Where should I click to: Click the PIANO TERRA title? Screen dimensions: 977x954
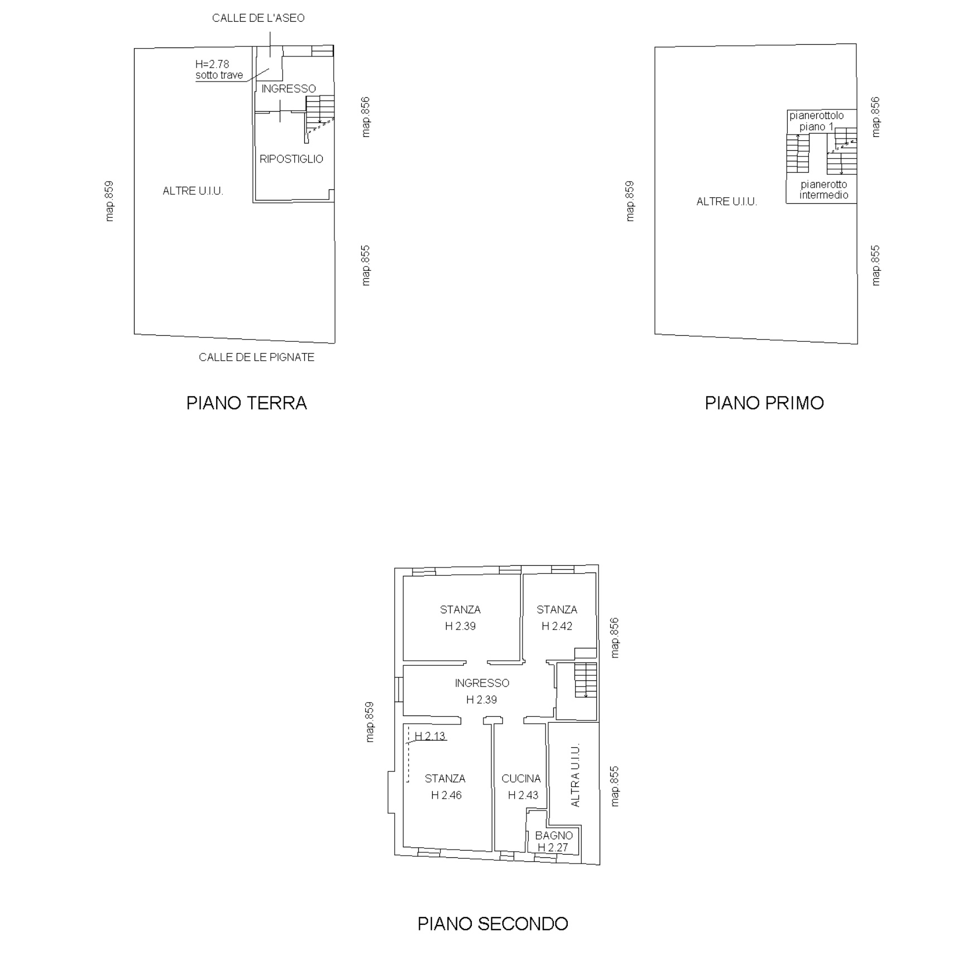point(246,403)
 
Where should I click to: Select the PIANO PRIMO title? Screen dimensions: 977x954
point(764,403)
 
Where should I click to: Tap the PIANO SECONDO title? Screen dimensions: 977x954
point(493,923)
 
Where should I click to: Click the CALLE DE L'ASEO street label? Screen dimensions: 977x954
point(258,18)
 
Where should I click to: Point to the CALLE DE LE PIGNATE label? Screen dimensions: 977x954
point(256,357)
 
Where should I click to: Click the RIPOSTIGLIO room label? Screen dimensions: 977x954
point(291,159)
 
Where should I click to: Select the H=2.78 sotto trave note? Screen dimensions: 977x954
point(219,70)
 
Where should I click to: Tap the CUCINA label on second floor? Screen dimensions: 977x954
point(521,778)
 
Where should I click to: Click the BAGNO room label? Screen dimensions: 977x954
point(554,836)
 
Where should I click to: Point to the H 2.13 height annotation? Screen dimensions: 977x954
point(430,736)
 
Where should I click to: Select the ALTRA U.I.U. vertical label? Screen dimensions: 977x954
point(576,775)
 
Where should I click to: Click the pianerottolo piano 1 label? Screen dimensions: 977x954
point(816,121)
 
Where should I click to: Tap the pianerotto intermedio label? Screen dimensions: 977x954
point(823,189)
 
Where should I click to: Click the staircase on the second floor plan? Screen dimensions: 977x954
point(586,680)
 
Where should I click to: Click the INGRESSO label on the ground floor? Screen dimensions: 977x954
point(289,89)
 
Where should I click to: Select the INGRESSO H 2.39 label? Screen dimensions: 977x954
point(482,691)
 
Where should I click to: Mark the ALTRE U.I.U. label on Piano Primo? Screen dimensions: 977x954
point(726,202)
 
